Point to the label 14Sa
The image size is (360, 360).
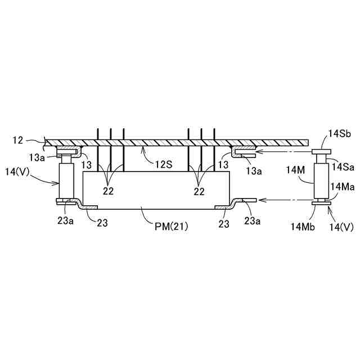tap(342, 166)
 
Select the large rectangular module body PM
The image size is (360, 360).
tap(156, 190)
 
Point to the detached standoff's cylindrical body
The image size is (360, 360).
tap(321, 179)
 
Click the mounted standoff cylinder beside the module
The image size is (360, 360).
tap(66, 180)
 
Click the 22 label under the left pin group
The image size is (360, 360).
tap(107, 191)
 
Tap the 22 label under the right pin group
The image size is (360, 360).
tap(199, 191)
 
